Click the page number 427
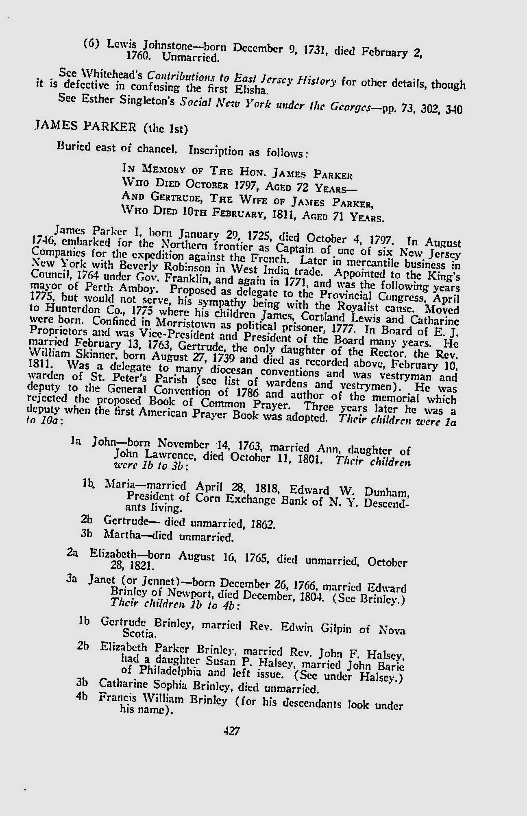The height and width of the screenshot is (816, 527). click(232, 731)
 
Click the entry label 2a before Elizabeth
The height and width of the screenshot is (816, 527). click(73, 553)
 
